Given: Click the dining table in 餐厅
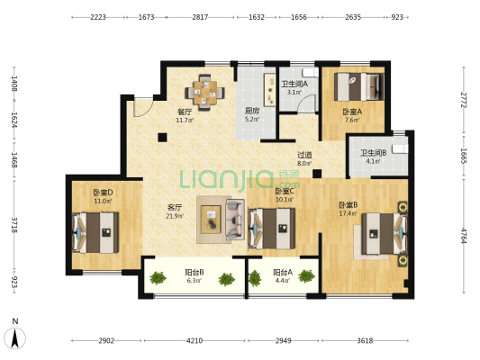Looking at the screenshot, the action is [204, 92].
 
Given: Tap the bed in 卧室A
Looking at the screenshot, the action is [358, 86].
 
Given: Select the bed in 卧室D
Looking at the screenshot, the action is [95, 232].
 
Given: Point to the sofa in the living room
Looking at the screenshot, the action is [235, 219].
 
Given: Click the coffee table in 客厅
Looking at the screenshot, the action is [211, 220].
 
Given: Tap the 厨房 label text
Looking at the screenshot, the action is [252, 111].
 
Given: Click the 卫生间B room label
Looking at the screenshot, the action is [373, 153].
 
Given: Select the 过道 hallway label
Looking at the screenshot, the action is [304, 155].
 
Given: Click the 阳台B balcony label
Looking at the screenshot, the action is [195, 272].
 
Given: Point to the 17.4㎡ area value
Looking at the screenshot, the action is [348, 213].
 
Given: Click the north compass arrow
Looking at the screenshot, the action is [14, 338].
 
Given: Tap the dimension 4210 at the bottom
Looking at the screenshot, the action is [195, 340].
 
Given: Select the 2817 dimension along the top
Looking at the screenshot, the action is [200, 17].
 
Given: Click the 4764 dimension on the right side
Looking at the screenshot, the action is [464, 236].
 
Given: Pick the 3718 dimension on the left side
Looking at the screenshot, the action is [14, 225].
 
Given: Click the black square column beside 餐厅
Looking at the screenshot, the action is [162, 138].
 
